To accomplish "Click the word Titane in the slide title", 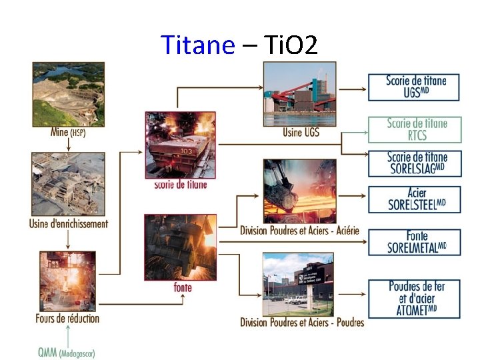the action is click(198, 45).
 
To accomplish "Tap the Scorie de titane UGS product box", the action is click(414, 87).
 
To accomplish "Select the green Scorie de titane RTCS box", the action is click(414, 129).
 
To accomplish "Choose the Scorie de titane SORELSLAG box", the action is click(414, 163).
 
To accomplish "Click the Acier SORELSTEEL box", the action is click(414, 199).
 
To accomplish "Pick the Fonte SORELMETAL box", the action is click(414, 242).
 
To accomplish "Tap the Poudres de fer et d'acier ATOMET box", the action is click(414, 298).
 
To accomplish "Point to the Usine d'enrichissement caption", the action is click(69, 224).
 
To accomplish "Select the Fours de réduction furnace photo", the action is click(67, 280).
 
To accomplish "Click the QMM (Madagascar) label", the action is click(67, 353).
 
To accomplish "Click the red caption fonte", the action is click(182, 287).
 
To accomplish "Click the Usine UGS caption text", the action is click(301, 132).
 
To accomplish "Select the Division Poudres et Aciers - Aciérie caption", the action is click(300, 231).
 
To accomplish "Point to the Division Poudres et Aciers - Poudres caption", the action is click(302, 323).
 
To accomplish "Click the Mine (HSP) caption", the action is click(68, 132).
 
